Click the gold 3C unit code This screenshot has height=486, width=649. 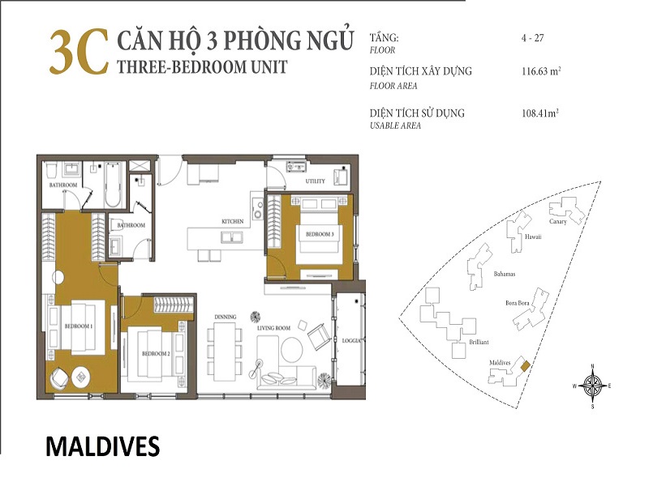point(79,53)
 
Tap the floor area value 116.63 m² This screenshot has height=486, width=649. point(541,71)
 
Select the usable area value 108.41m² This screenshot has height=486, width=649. point(540,113)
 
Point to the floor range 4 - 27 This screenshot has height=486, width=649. point(532,38)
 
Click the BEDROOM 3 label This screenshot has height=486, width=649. point(320,234)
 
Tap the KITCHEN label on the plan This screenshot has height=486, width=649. point(233,221)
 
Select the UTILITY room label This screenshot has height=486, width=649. point(315,181)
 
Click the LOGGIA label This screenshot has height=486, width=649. point(351,341)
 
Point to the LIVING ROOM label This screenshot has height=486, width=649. point(273,328)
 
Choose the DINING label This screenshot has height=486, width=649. point(226,317)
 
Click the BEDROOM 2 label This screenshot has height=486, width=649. point(156,354)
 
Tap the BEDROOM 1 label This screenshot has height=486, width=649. point(78,326)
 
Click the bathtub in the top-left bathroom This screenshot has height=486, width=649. point(113,185)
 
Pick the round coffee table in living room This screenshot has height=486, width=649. point(292,350)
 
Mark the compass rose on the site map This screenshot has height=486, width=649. point(593,386)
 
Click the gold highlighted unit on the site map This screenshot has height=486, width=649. point(525,366)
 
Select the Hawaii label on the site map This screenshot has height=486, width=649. point(533,237)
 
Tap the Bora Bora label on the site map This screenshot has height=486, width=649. point(517,303)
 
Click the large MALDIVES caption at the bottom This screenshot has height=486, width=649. point(103,446)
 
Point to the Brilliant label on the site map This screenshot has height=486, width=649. point(479,342)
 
